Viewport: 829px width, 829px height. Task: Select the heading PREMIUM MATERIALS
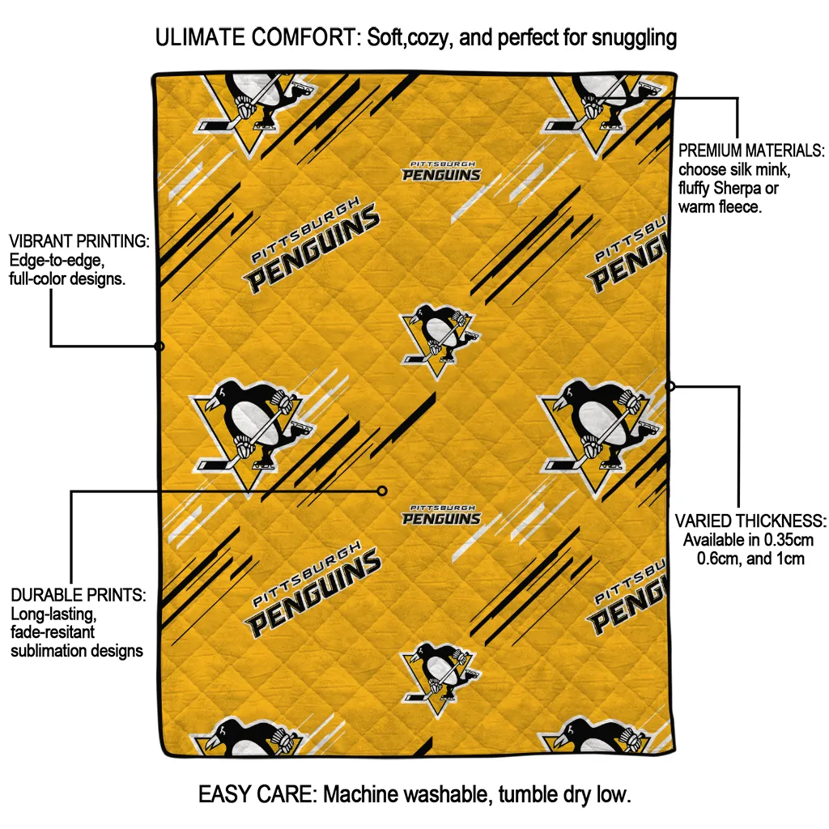pyautogui.click(x=751, y=151)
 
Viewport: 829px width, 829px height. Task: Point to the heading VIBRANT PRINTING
pyautogui.click(x=79, y=241)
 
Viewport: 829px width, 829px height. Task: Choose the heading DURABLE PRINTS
pyautogui.click(x=78, y=595)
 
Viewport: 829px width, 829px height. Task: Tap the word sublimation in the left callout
pyautogui.click(x=49, y=650)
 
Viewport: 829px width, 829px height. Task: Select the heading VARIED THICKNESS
pyautogui.click(x=750, y=521)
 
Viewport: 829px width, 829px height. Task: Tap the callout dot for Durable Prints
pyautogui.click(x=382, y=491)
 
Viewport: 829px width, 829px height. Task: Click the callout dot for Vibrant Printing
pyautogui.click(x=159, y=346)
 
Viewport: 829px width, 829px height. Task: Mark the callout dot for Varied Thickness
pyautogui.click(x=670, y=386)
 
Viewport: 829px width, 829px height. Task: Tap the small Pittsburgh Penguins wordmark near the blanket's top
pyautogui.click(x=441, y=172)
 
